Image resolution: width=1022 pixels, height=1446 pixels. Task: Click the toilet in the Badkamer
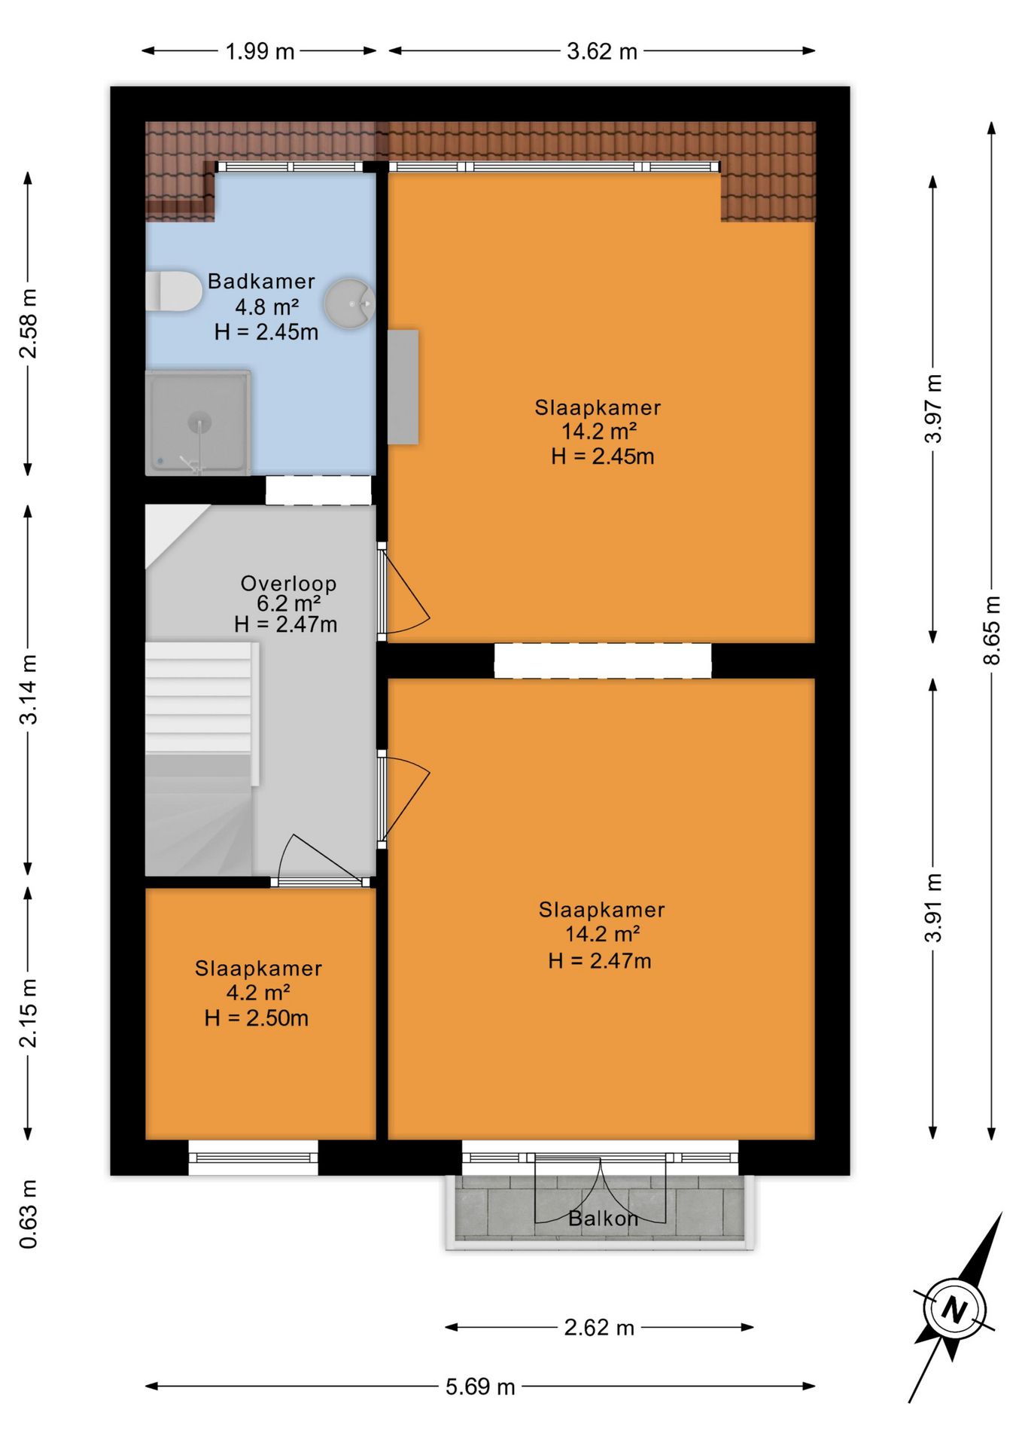tap(174, 291)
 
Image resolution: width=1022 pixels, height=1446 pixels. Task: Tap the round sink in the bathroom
tap(350, 304)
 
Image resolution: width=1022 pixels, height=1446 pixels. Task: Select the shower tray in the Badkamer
tap(198, 423)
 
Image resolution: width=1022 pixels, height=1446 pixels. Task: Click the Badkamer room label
tap(261, 282)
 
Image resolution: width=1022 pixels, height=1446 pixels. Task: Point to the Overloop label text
tap(288, 584)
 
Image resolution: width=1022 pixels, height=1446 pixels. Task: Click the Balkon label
tap(603, 1219)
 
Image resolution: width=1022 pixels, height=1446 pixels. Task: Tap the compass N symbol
tap(954, 1308)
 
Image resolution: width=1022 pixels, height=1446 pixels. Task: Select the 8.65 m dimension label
tap(992, 630)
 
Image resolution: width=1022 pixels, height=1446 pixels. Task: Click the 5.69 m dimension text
tap(480, 1387)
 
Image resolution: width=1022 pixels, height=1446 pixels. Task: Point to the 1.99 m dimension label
tap(260, 51)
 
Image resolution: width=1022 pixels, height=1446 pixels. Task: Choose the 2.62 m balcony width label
tap(599, 1327)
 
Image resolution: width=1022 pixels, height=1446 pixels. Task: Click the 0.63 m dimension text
tap(28, 1214)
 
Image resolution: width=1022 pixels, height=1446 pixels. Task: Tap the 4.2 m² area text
tap(258, 993)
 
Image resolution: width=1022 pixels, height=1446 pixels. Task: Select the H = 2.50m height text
tap(257, 1018)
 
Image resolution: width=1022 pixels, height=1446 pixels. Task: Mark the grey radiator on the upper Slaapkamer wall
tap(403, 386)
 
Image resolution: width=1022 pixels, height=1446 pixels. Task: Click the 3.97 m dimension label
tap(933, 408)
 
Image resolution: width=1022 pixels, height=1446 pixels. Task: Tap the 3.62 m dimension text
tap(602, 51)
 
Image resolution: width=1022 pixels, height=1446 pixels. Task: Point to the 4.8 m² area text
tap(266, 307)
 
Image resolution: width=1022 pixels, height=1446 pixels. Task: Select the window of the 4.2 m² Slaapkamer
tap(253, 1157)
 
